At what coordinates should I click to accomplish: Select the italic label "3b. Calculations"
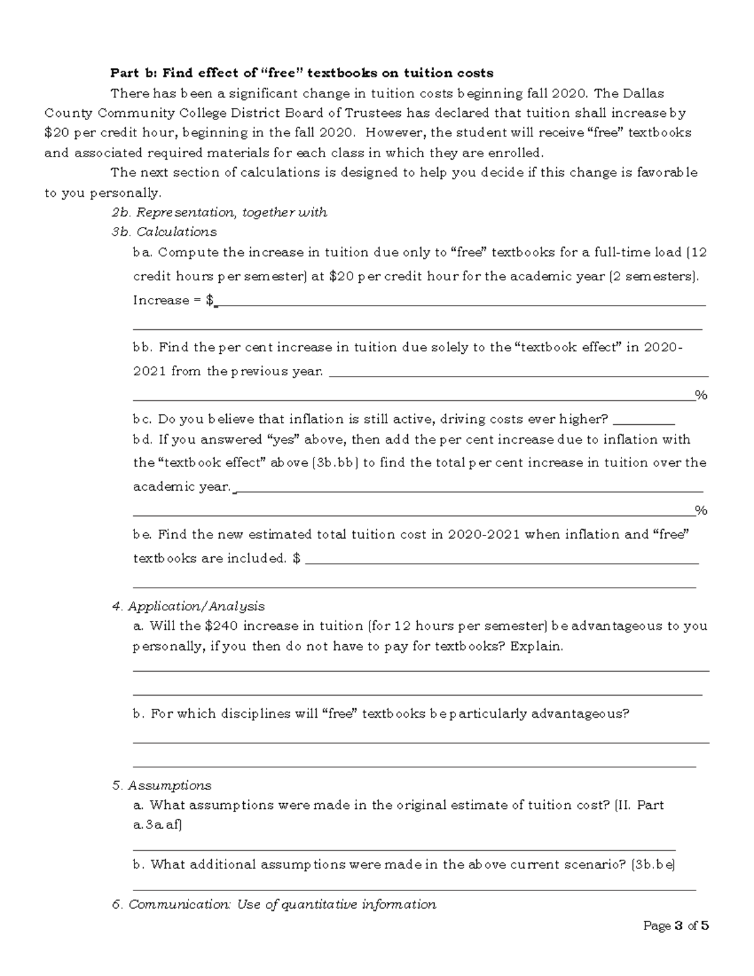(x=163, y=232)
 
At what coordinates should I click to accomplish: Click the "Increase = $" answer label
(x=173, y=300)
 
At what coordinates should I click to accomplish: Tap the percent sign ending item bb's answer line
(x=701, y=395)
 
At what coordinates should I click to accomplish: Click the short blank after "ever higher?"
(x=643, y=420)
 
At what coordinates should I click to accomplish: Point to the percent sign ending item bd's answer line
(x=701, y=510)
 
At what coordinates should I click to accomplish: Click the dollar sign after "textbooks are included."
(x=297, y=559)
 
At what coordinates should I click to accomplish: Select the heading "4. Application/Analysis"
(x=188, y=606)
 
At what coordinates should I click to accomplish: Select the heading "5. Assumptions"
(x=161, y=786)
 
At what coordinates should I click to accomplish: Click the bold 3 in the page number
(x=678, y=926)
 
